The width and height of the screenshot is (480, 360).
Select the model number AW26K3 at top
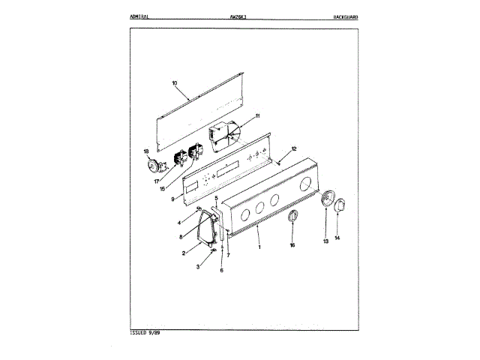point(235,16)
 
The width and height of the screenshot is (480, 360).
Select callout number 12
point(294,148)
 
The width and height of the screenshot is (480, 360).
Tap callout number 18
point(147,152)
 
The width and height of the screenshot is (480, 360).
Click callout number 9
point(172,199)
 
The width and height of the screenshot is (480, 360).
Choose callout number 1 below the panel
point(259,246)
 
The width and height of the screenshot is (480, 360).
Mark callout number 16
point(292,244)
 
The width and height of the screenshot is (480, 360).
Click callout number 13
point(325,241)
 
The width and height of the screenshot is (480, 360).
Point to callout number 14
point(337,238)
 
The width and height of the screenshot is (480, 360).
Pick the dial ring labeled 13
point(327,200)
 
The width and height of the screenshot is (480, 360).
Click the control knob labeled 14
point(340,204)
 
